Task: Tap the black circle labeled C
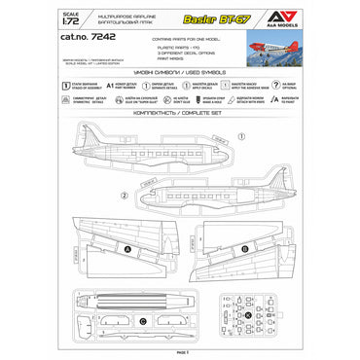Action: click(143, 319)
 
